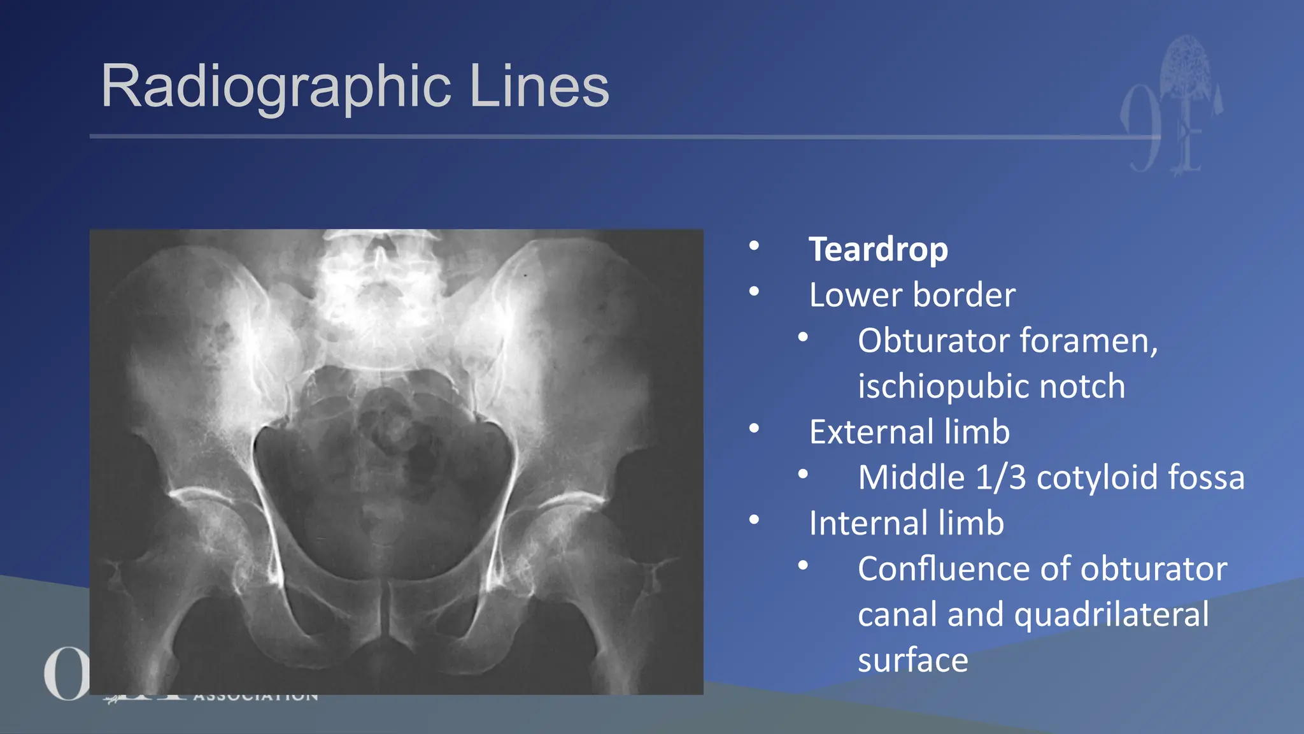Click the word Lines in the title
pyautogui.click(x=539, y=87)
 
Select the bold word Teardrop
pyautogui.click(x=878, y=249)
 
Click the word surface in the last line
pyautogui.click(x=912, y=660)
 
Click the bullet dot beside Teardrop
pyautogui.click(x=755, y=246)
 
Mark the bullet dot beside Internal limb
pyautogui.click(x=755, y=520)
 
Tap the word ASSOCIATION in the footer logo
pyautogui.click(x=255, y=696)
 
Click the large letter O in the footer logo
pyautogui.click(x=64, y=674)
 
